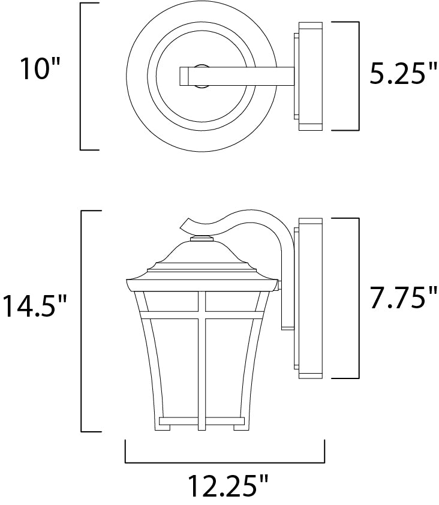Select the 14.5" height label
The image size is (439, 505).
[34, 306]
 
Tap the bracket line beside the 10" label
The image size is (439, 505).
[81, 76]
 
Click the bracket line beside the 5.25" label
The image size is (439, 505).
[358, 76]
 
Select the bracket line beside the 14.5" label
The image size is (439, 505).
[82, 321]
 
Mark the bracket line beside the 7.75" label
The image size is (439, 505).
[358, 298]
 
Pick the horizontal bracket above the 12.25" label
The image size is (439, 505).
[225, 462]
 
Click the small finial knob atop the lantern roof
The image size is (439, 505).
[202, 239]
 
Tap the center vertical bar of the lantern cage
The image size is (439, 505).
[202, 360]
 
